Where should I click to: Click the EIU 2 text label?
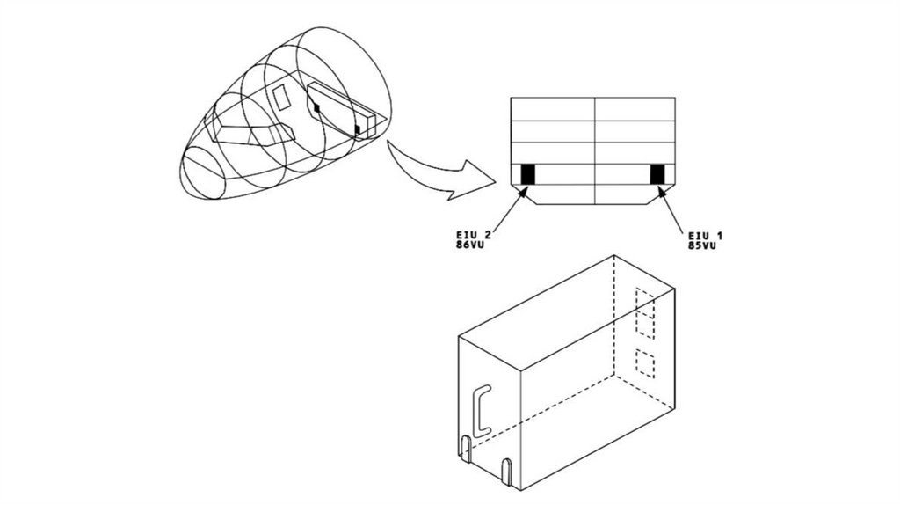[x=474, y=235]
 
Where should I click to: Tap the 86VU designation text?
[x=470, y=245]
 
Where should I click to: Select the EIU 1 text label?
[x=706, y=236]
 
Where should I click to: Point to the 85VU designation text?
[x=702, y=245]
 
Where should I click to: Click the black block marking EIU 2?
[x=527, y=175]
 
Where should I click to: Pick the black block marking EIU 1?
[x=657, y=175]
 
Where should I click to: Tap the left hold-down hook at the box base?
[x=467, y=449]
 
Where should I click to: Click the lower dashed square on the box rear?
[x=645, y=363]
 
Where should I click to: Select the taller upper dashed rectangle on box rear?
[x=645, y=312]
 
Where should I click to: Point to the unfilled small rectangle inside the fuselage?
[x=281, y=97]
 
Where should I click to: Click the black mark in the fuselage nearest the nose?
[x=316, y=107]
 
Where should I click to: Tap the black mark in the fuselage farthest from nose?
[x=357, y=130]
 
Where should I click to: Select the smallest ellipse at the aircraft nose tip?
[x=203, y=173]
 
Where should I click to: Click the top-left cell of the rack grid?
[x=553, y=109]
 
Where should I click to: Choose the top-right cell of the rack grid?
[x=635, y=109]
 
